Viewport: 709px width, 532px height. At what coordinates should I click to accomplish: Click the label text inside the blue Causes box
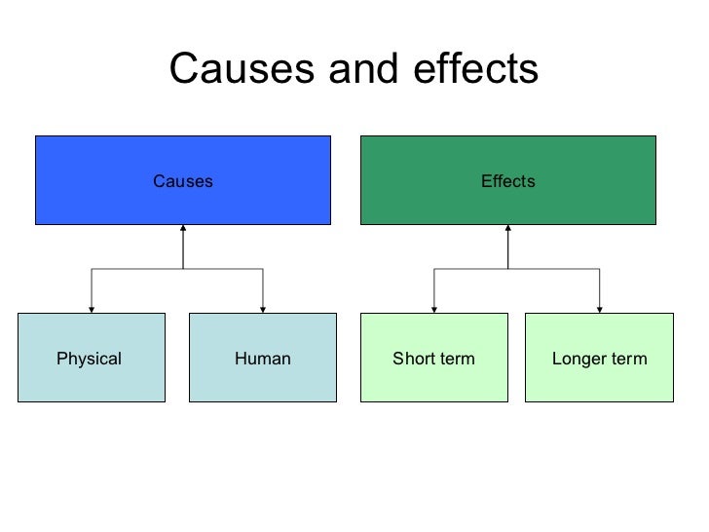pyautogui.click(x=183, y=181)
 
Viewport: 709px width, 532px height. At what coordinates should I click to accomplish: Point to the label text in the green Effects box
pyautogui.click(x=508, y=181)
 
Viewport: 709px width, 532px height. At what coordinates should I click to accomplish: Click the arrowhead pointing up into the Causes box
pyautogui.click(x=183, y=230)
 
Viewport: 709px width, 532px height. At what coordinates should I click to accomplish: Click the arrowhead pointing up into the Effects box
pyautogui.click(x=508, y=230)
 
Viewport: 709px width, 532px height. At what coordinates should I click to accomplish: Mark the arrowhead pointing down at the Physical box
pyautogui.click(x=92, y=309)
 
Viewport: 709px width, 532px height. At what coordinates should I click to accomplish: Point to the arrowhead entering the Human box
pyautogui.click(x=263, y=309)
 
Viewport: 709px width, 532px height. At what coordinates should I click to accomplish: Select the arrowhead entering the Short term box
pyautogui.click(x=433, y=309)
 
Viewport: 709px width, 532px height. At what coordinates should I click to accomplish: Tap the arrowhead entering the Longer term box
pyautogui.click(x=599, y=309)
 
